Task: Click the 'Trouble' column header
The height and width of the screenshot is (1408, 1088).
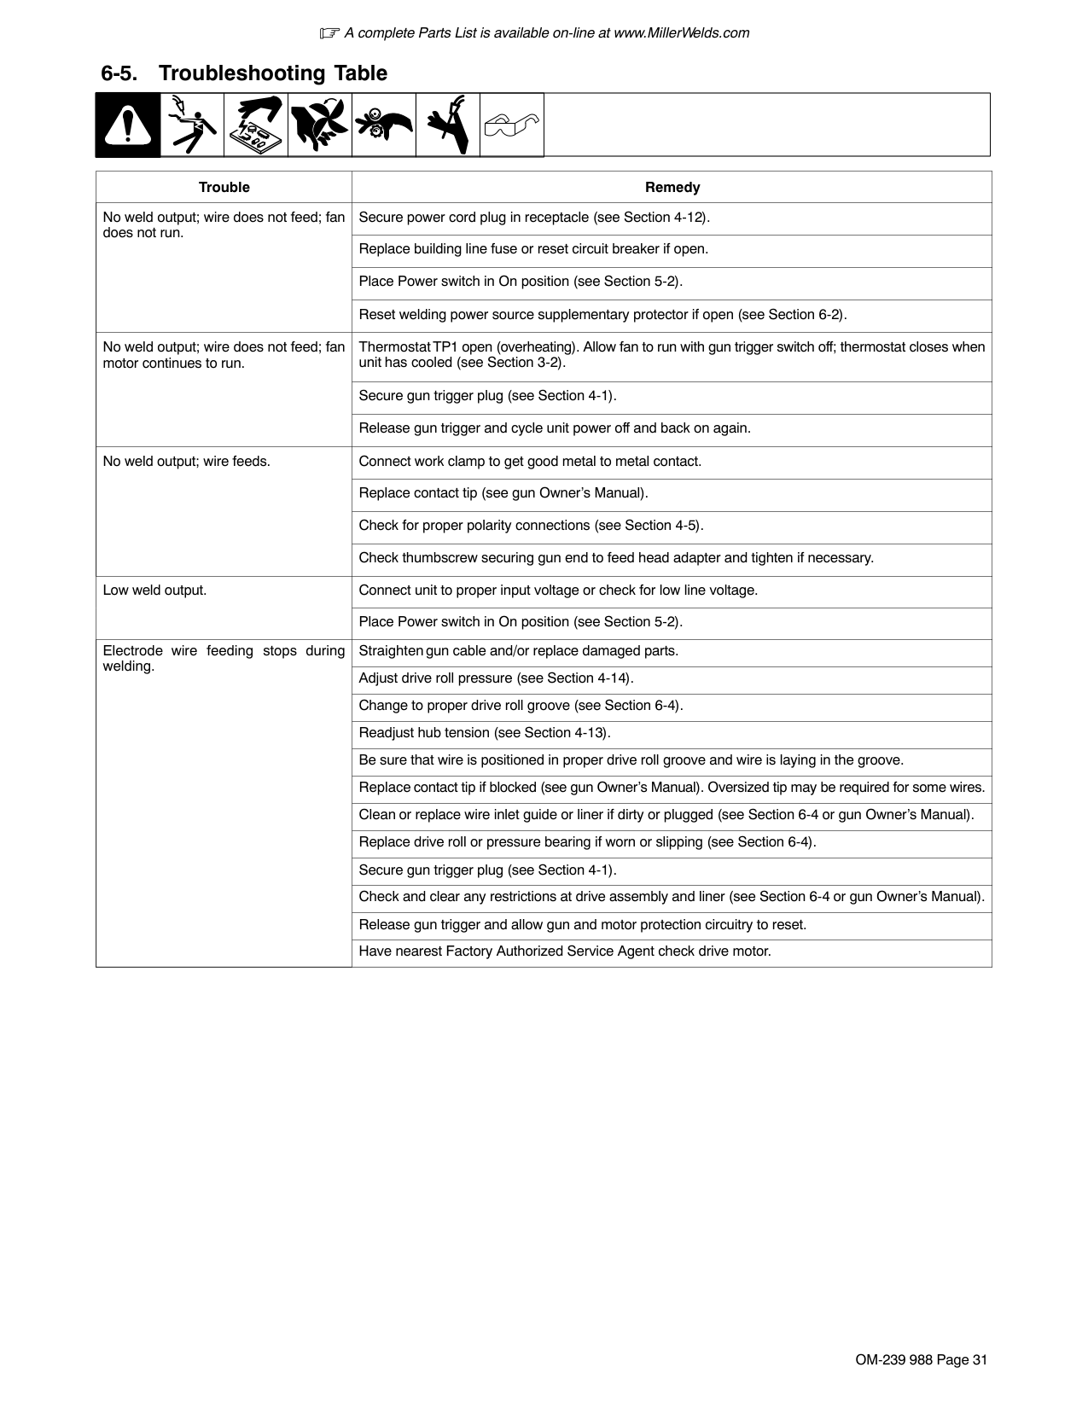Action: click(224, 187)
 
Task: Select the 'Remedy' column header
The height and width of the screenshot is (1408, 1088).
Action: click(672, 187)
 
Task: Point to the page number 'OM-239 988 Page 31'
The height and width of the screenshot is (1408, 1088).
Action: click(921, 1360)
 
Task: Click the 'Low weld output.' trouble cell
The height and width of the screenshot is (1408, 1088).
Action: click(154, 590)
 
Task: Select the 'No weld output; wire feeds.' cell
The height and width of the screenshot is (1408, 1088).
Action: click(186, 461)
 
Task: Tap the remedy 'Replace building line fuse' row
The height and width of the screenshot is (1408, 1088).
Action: click(533, 249)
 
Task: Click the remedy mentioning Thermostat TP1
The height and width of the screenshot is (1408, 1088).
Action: click(671, 354)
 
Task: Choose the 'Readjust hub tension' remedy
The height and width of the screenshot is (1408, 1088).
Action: click(485, 733)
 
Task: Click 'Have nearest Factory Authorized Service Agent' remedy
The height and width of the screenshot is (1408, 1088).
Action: click(564, 951)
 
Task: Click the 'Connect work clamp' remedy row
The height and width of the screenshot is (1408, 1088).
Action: click(530, 462)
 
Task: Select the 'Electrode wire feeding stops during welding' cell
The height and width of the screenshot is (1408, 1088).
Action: click(224, 658)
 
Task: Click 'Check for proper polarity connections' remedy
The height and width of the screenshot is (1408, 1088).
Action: click(531, 526)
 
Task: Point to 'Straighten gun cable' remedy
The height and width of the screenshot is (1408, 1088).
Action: click(518, 651)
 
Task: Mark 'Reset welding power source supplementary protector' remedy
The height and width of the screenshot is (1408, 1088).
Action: click(602, 315)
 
